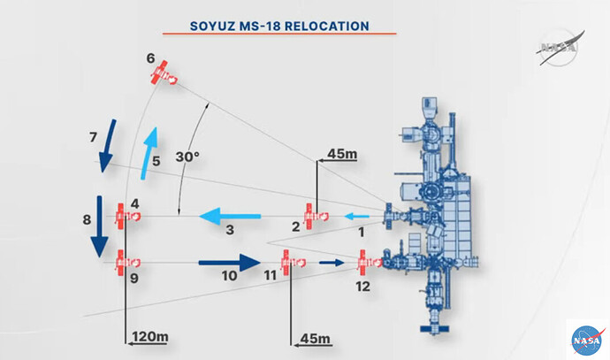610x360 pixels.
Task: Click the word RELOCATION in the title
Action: tap(326, 26)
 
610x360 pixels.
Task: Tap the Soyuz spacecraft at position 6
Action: tap(164, 73)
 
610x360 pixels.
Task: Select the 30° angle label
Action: tap(187, 157)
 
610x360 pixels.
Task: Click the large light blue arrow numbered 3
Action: tap(230, 216)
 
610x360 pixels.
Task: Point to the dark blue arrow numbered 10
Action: tap(230, 263)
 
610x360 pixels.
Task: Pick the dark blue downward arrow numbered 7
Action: tap(107, 146)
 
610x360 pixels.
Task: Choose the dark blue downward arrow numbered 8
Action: tap(100, 226)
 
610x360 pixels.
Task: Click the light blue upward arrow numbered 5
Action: tap(149, 153)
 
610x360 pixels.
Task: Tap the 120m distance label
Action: tap(150, 336)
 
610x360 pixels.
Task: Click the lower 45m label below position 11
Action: tap(315, 339)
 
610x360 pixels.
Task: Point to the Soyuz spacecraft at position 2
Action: tap(316, 217)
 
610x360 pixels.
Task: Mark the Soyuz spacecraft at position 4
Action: tap(127, 217)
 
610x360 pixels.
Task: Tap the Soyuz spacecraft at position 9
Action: tap(127, 263)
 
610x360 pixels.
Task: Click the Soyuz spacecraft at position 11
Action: tap(294, 263)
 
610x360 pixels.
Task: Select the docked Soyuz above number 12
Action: tap(370, 263)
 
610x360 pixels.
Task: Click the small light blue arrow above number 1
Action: tap(357, 217)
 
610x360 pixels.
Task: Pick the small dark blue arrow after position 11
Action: tap(332, 263)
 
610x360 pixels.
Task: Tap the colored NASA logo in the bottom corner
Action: tap(588, 341)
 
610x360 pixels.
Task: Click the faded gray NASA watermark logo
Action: tap(560, 48)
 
